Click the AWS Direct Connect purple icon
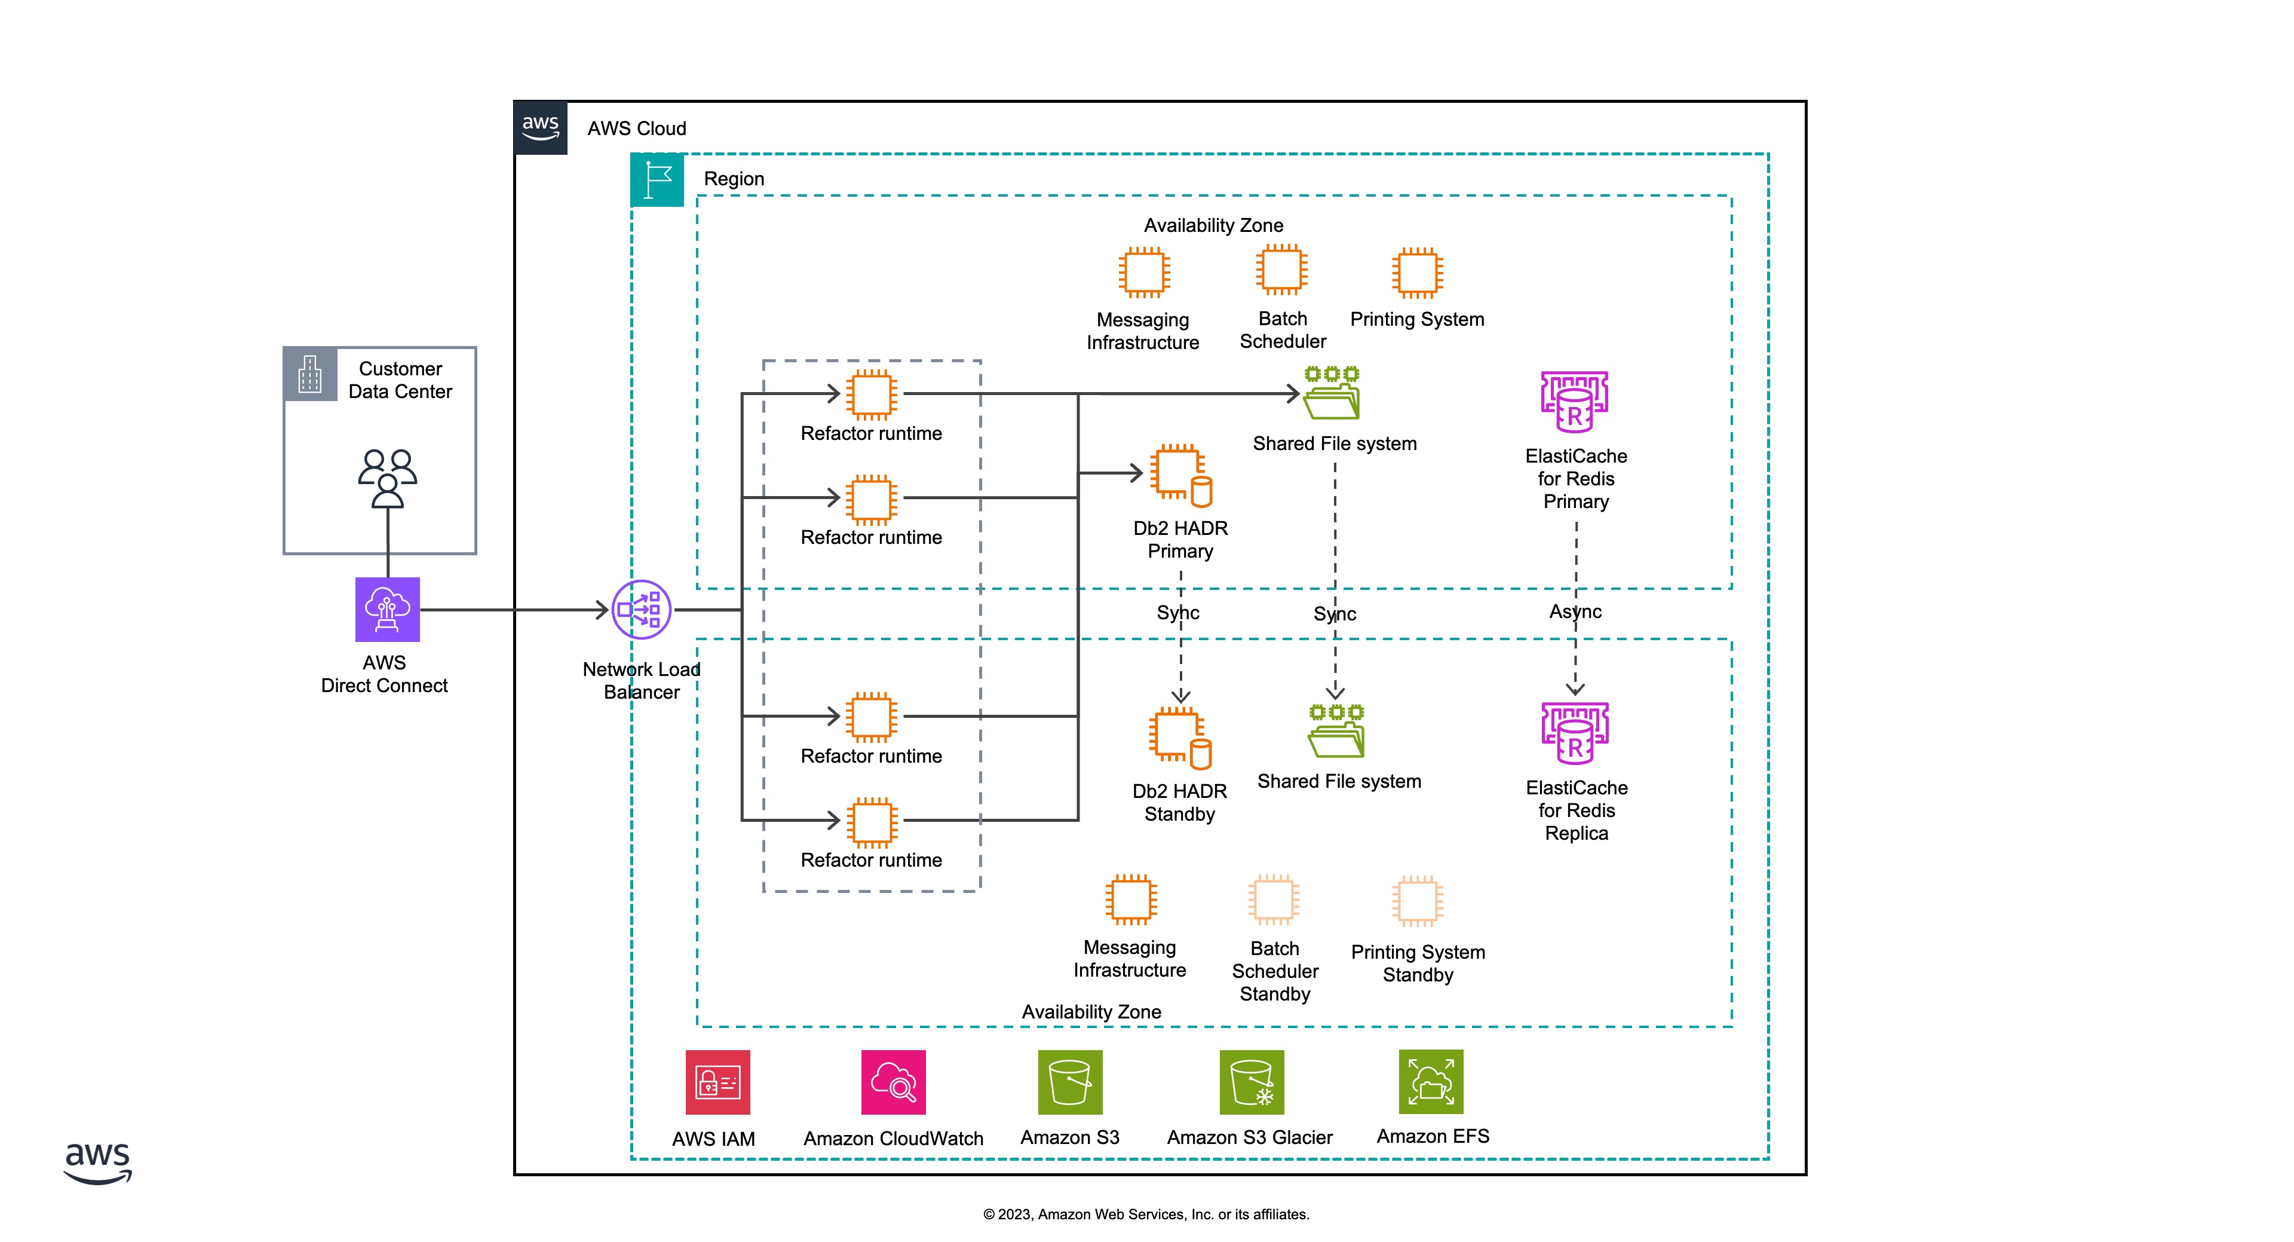[387, 610]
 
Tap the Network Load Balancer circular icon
[641, 610]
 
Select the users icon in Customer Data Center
[387, 478]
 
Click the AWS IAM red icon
[717, 1082]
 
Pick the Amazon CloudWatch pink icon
[893, 1082]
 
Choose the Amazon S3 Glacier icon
[1251, 1082]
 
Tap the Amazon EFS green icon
[1431, 1082]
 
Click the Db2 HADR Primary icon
[1180, 475]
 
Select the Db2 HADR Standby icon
[1180, 738]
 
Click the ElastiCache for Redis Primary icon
[1575, 402]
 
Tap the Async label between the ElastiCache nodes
[1575, 612]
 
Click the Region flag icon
[657, 180]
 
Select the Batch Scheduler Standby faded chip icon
[1274, 900]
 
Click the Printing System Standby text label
[1418, 963]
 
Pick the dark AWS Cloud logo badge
[541, 127]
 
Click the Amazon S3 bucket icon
[1069, 1082]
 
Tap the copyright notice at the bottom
[1146, 1215]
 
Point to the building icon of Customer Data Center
[310, 374]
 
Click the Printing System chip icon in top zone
[1417, 273]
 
